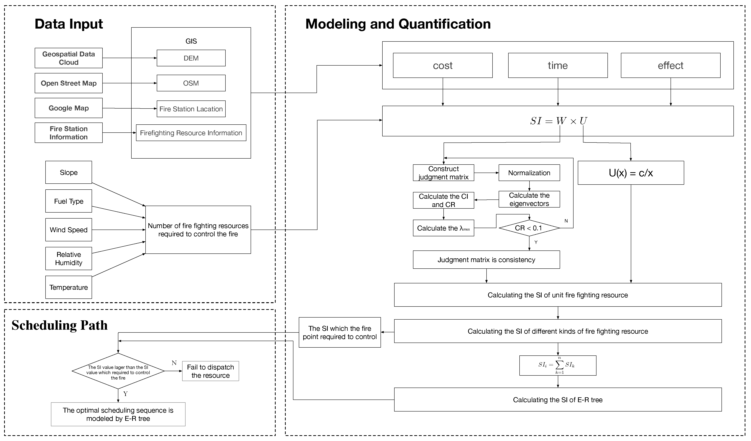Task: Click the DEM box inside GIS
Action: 191,58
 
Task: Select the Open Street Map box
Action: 68,83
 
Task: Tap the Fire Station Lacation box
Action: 191,109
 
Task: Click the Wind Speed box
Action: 68,230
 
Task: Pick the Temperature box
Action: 68,287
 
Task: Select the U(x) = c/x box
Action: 631,173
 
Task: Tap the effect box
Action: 671,66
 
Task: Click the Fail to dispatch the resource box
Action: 210,371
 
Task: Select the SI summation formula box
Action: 558,365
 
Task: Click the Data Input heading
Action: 68,24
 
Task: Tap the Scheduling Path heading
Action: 60,325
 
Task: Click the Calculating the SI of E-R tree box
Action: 558,400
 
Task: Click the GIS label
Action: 191,41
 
